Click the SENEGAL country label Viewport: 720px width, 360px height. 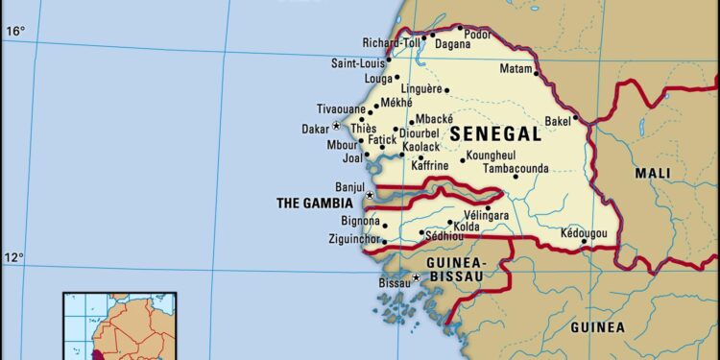(494, 134)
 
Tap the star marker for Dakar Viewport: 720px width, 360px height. (336, 127)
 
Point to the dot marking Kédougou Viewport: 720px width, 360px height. (583, 242)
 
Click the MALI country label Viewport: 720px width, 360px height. (653, 173)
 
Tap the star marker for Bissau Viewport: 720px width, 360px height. (416, 278)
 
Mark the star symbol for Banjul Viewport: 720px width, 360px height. (370, 195)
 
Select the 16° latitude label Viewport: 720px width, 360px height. (16, 32)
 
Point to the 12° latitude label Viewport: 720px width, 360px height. (16, 257)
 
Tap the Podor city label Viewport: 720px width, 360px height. (478, 35)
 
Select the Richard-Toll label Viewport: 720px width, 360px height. (390, 42)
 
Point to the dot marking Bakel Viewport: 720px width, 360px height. (575, 120)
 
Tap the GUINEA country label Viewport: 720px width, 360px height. (597, 327)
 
